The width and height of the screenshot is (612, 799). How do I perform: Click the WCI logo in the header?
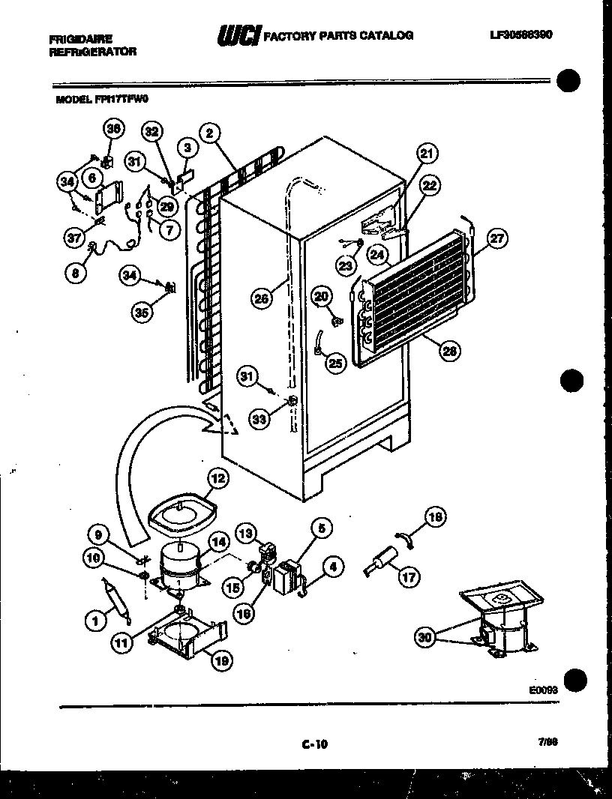click(x=238, y=35)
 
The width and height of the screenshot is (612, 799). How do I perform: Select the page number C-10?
click(x=315, y=744)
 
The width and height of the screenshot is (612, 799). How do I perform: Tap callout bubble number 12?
click(x=217, y=477)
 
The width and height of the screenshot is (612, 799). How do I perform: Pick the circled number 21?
click(x=426, y=155)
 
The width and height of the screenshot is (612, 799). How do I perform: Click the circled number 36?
click(x=112, y=130)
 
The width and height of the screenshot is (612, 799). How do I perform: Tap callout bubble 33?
click(x=259, y=420)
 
